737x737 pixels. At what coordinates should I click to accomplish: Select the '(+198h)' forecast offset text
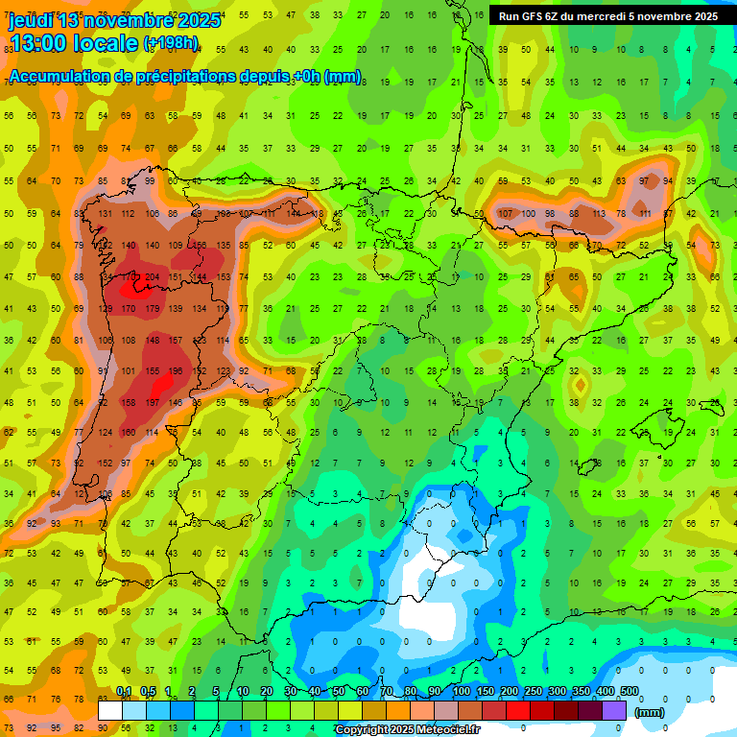pos(170,43)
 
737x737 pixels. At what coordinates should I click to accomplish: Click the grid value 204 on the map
pos(152,276)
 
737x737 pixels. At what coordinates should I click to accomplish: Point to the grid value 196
pos(175,371)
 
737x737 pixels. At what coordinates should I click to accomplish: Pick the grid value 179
pos(152,308)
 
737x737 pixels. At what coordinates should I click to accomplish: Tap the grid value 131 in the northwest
pos(105,213)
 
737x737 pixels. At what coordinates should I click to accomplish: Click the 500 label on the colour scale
pos(630,692)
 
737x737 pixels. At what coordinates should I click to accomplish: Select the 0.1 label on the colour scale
pos(124,692)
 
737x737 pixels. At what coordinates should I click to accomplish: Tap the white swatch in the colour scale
pos(110,710)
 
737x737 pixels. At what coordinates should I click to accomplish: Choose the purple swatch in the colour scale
pos(614,710)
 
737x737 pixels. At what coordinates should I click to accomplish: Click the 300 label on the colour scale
pos(557,692)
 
